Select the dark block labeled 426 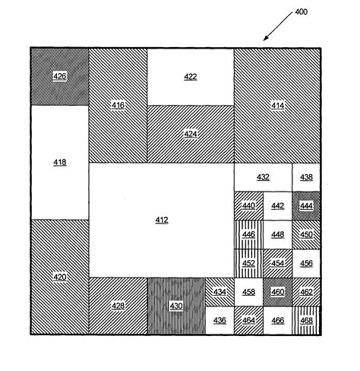[60, 76]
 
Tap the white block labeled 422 [190, 77]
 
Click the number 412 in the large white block [162, 220]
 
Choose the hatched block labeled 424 [190, 134]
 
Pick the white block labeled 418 [60, 162]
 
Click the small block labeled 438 [306, 177]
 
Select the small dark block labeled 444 [306, 205]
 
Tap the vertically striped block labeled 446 [248, 234]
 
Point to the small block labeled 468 [306, 320]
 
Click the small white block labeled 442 [278, 205]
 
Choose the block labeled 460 [278, 291]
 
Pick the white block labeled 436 [219, 320]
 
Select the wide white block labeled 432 [263, 177]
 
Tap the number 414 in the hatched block [277, 105]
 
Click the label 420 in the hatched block [60, 277]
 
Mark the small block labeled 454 [278, 263]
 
